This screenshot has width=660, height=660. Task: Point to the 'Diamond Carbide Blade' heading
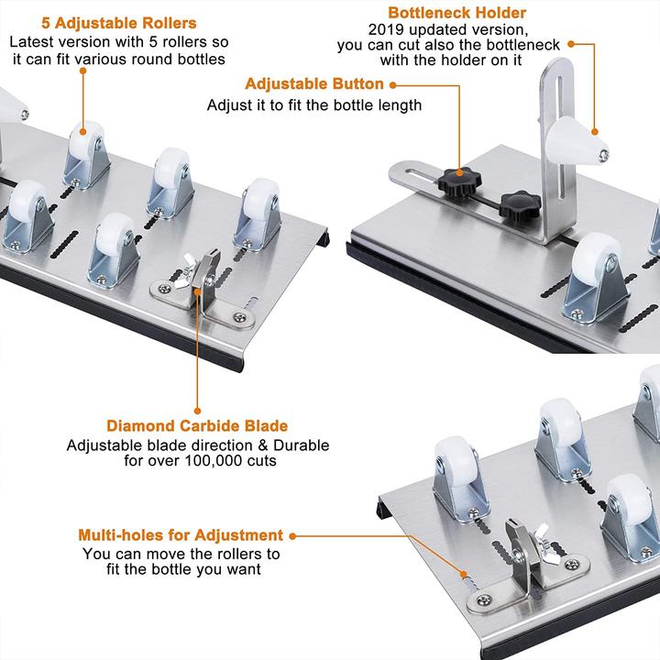coord(197,426)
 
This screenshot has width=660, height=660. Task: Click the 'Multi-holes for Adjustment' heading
coord(181,535)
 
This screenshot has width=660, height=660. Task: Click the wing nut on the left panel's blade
coord(196,272)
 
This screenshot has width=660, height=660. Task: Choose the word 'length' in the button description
coord(395,104)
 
